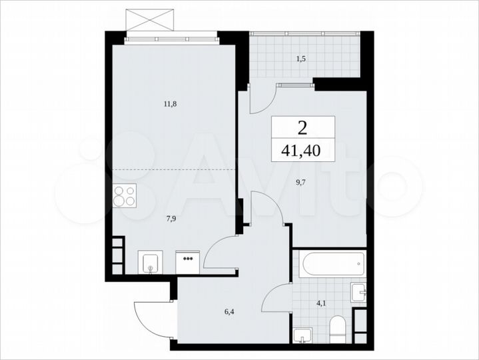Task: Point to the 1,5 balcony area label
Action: click(302, 58)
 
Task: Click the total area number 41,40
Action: click(302, 151)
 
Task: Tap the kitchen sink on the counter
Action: click(150, 262)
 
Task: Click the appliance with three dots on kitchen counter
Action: click(188, 261)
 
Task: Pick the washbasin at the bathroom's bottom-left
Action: click(304, 335)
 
